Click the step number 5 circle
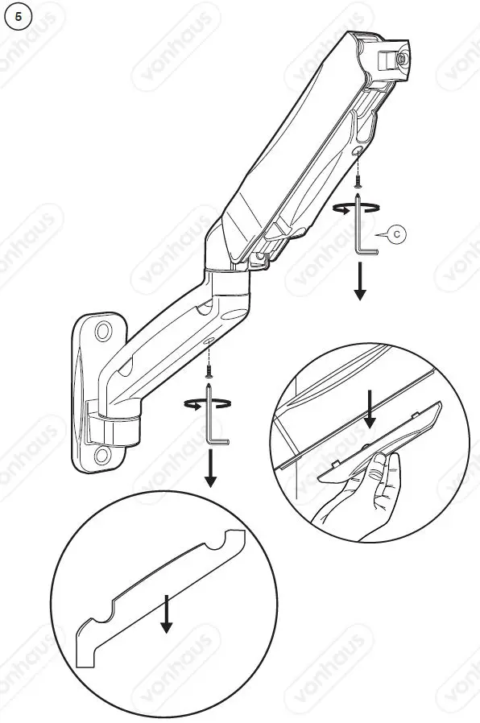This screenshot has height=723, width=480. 19,18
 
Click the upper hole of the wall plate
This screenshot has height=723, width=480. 104,333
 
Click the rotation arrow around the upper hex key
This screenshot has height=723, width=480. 355,208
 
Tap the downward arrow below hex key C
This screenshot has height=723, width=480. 359,283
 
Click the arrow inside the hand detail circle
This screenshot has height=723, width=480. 370,408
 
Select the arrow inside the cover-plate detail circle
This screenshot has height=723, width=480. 166,614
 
